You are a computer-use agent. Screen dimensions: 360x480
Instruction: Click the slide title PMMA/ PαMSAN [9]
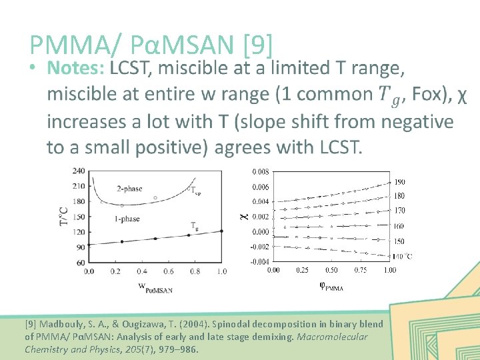coord(151,45)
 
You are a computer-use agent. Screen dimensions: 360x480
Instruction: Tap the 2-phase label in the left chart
coord(129,189)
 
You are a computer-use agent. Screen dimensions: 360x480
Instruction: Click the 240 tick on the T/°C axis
coord(79,171)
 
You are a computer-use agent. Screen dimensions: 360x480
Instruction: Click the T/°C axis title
coord(65,215)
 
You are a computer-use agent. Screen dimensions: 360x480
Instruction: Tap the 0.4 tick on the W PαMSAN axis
coord(142,271)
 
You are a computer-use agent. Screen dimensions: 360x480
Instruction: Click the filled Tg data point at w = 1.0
coord(222,231)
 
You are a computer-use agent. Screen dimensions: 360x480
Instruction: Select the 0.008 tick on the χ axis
coord(261,172)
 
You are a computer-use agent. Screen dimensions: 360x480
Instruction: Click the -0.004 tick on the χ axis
coord(259,261)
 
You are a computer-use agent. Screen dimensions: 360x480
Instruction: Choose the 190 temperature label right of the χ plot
coord(399,182)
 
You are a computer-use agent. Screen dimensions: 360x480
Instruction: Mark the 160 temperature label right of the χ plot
coord(399,227)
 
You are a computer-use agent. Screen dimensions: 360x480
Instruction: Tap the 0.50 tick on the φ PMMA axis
coord(331,270)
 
